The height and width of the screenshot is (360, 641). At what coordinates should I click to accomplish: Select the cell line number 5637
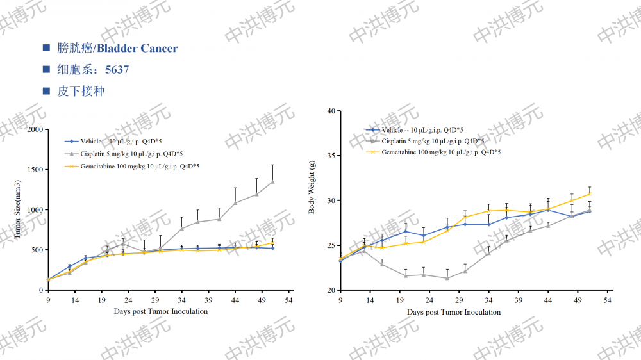coord(117,69)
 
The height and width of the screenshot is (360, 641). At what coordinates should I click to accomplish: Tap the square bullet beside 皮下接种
coord(46,91)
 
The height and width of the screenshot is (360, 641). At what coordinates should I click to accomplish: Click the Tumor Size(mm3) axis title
coord(19,210)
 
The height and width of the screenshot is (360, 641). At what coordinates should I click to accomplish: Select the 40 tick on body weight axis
coord(331,111)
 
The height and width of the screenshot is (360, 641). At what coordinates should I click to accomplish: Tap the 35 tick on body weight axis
coord(331,156)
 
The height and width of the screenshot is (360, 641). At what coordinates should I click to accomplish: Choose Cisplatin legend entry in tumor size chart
coord(131,154)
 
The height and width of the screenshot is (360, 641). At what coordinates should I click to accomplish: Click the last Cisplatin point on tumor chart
coord(272,182)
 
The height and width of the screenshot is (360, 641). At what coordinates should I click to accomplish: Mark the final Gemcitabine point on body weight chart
coord(590,193)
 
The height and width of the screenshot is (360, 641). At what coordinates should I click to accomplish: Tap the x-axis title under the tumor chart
coord(161,311)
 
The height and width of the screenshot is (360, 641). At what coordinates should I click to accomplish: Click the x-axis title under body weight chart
coord(454,312)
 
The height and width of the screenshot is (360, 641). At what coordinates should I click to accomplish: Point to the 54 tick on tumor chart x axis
coord(289,300)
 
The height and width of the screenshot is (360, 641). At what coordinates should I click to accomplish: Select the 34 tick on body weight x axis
coord(488,300)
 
